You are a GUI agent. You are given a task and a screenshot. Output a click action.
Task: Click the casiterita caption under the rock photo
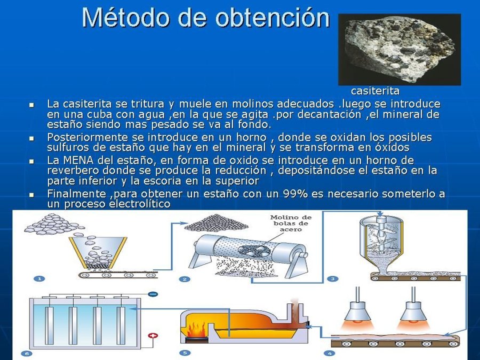pos(375,91)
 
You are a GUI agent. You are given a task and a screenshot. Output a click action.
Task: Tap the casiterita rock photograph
pos(399,49)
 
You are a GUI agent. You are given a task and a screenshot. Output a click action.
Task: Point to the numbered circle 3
pos(332,278)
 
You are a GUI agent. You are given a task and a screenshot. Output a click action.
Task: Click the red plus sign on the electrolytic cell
pos(153,337)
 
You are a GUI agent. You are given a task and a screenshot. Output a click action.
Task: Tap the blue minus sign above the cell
pos(153,293)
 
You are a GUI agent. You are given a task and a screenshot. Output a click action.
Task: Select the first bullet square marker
pos(31,105)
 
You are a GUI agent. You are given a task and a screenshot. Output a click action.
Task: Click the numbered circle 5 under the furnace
pos(185,353)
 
